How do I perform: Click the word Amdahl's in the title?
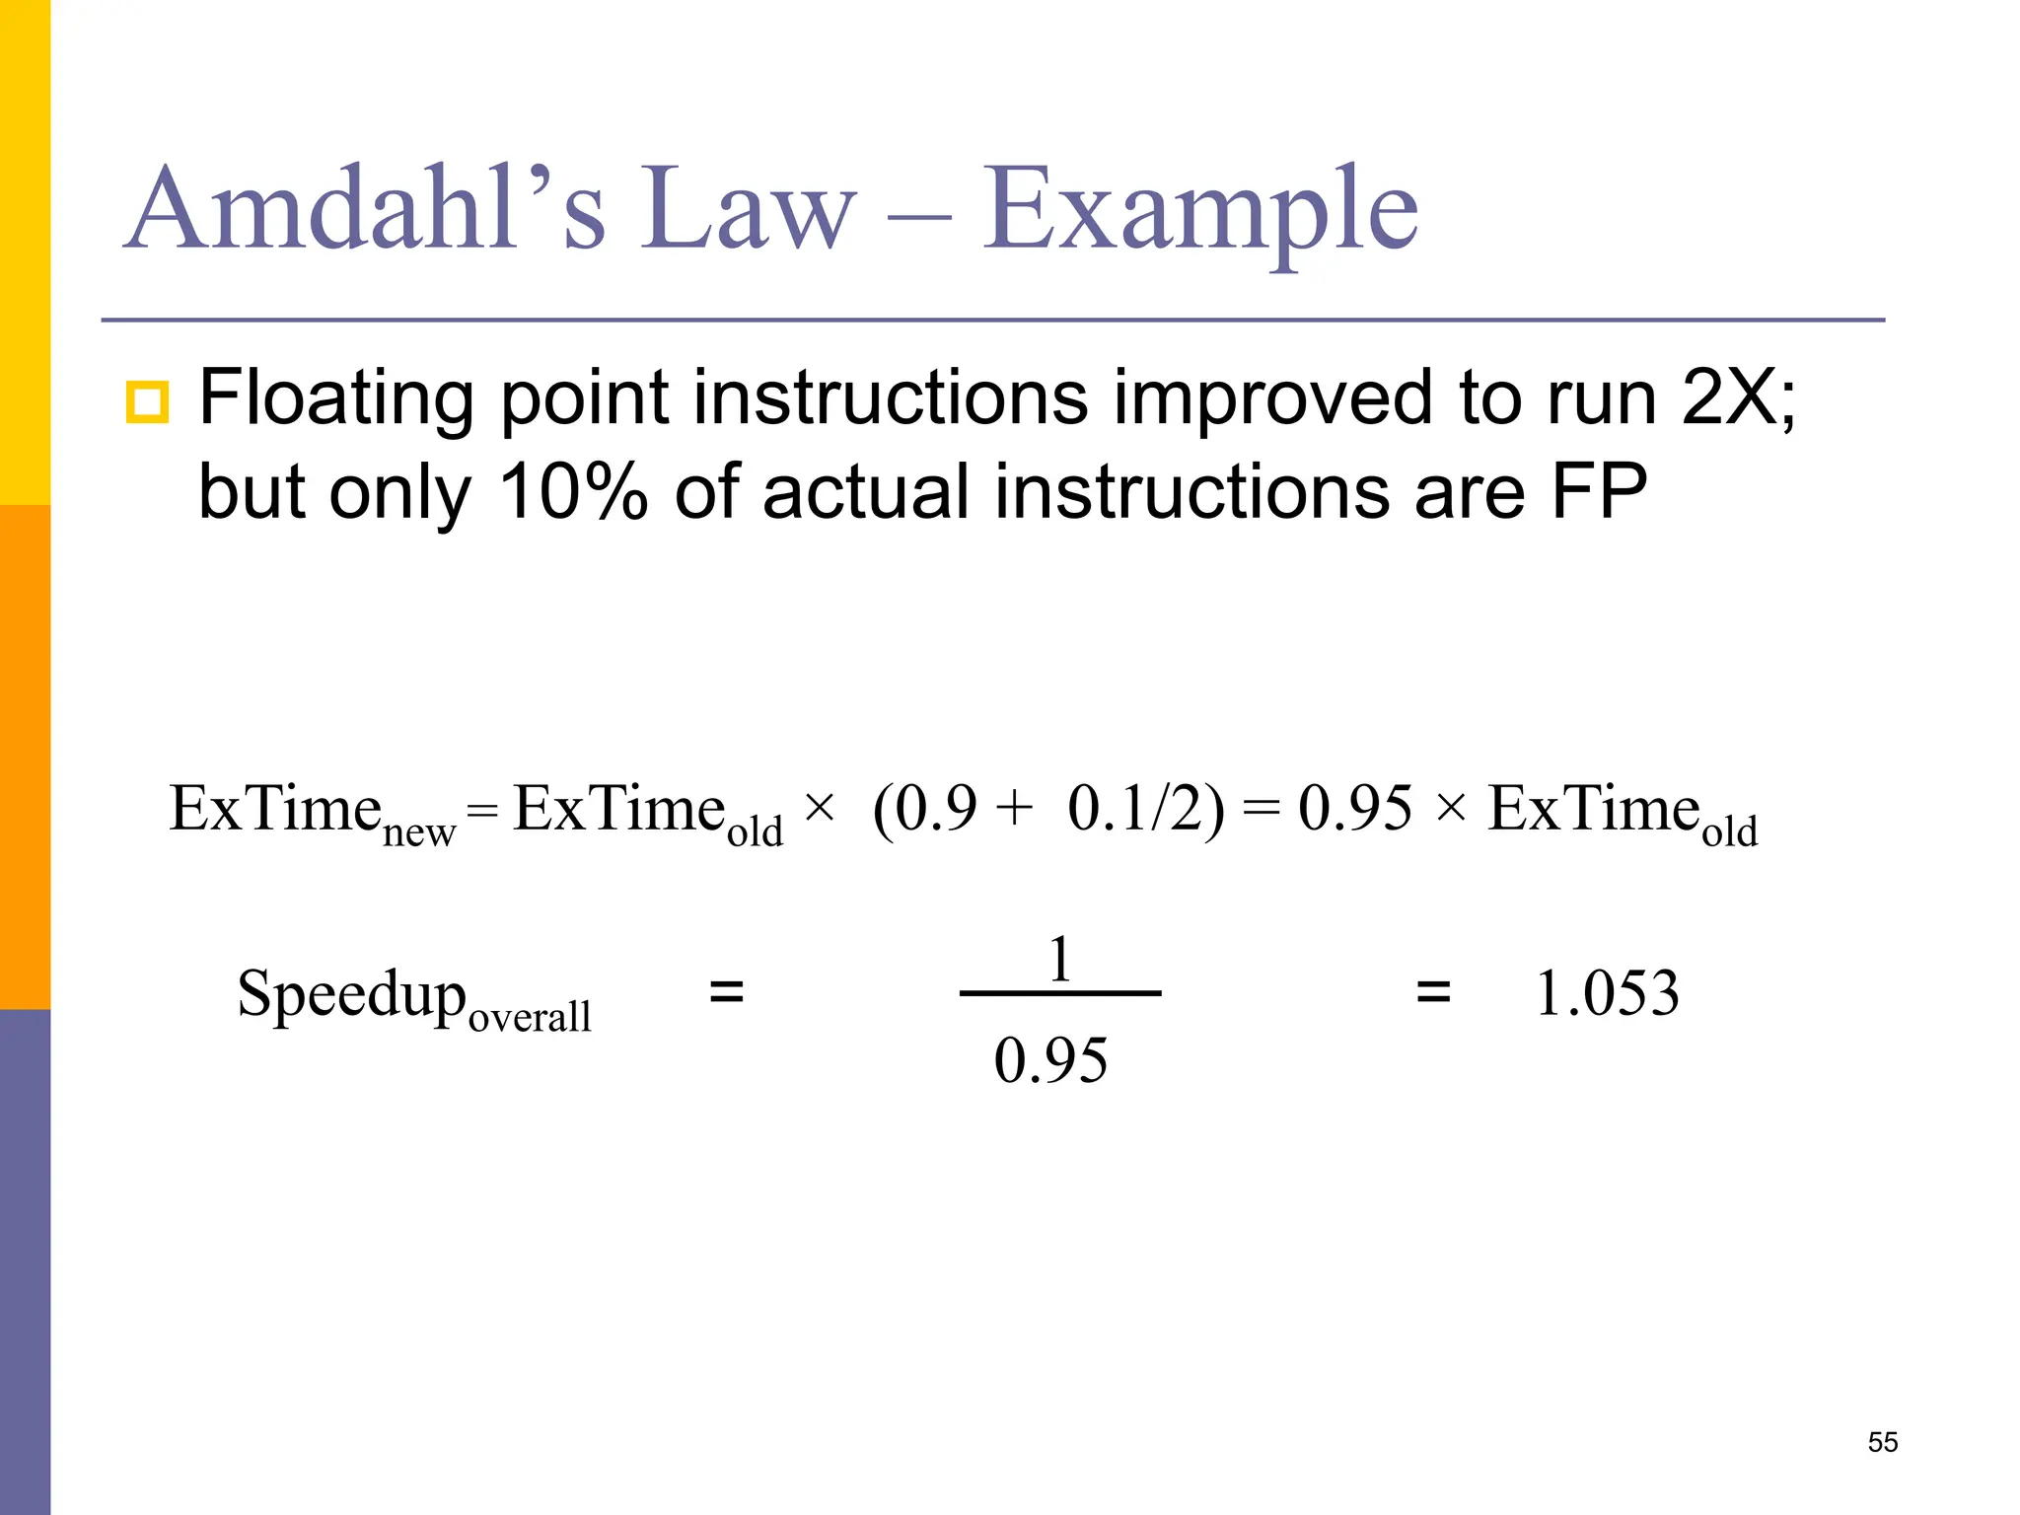click(x=365, y=209)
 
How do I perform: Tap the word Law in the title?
click(x=748, y=209)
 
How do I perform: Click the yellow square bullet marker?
click(x=147, y=402)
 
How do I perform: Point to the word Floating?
click(x=337, y=398)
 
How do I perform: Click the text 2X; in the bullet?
click(x=1738, y=397)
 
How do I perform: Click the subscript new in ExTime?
click(x=419, y=832)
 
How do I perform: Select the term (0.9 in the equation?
click(x=925, y=809)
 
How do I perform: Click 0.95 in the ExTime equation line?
click(x=1354, y=809)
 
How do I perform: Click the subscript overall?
click(x=530, y=1016)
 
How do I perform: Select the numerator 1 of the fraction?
click(x=1060, y=959)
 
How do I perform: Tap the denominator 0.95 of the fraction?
click(x=1050, y=1060)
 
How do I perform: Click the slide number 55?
click(x=1883, y=1442)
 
